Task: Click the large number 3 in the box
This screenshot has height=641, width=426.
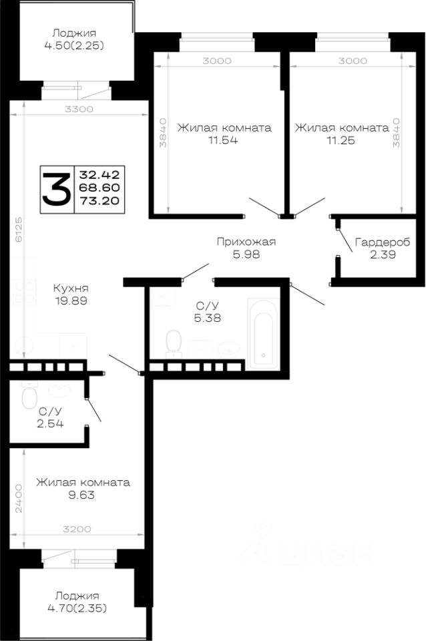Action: tap(56, 188)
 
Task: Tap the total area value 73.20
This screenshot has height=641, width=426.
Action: tap(95, 200)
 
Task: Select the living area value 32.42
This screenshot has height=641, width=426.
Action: tap(95, 175)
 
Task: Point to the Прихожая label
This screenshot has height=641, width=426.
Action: tap(246, 242)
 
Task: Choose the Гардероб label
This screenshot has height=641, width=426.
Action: tap(382, 242)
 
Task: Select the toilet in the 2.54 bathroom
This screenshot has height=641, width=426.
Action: tap(29, 398)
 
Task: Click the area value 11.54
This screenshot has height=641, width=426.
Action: tap(224, 140)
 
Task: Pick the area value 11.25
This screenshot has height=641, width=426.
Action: tap(342, 140)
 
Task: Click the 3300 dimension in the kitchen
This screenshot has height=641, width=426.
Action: tap(79, 109)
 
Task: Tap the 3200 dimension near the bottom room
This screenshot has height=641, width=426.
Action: tap(77, 529)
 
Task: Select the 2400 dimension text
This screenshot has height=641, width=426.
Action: tap(21, 498)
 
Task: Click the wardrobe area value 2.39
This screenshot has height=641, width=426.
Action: tap(382, 254)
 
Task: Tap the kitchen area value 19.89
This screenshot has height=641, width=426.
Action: tap(72, 300)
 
